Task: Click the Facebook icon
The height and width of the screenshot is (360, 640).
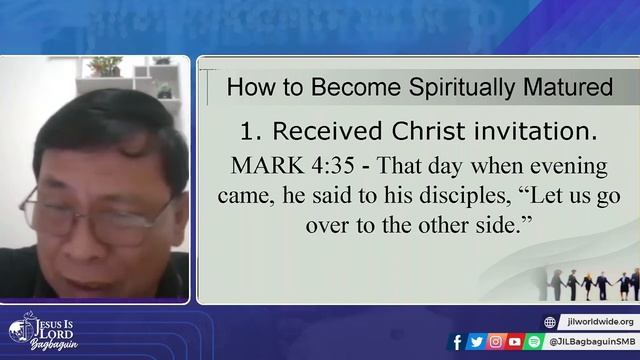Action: pos(457,342)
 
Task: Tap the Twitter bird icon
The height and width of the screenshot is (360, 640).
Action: pos(476,342)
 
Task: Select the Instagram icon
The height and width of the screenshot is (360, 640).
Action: pos(495,342)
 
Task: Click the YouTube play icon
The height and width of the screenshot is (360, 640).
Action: pos(514,342)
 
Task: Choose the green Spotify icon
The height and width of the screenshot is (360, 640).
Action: pos(533,342)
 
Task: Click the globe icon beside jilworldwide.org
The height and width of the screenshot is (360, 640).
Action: pos(550,322)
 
